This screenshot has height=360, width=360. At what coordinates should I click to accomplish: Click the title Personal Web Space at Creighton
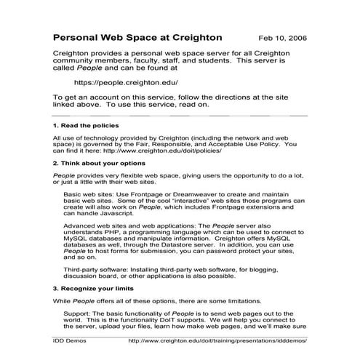[x=138, y=36]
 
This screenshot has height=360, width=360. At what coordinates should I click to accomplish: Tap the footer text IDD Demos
[x=71, y=339]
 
